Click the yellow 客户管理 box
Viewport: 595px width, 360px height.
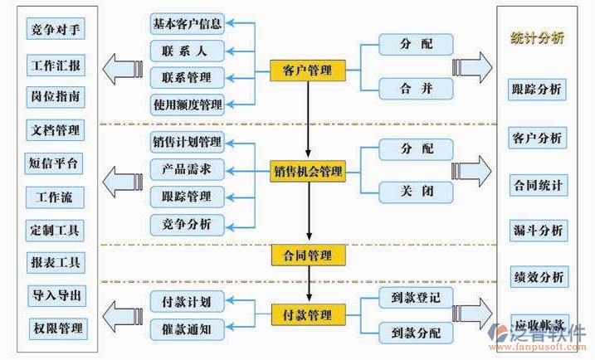(308, 71)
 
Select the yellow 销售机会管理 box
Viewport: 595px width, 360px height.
(308, 172)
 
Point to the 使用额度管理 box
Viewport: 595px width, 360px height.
(188, 105)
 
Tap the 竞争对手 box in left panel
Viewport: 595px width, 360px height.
(56, 31)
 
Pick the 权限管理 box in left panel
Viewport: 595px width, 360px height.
(56, 328)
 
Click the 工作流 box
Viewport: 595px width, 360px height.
(56, 197)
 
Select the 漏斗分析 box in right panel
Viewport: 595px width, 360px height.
(537, 230)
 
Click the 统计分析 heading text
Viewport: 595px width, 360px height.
(537, 37)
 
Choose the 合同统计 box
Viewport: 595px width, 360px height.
(537, 184)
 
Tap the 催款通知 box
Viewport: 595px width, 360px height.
(187, 329)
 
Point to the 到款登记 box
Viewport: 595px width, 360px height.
(416, 297)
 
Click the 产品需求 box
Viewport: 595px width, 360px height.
(187, 169)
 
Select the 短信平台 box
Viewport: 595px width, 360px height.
(56, 163)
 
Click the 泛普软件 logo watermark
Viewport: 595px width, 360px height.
(539, 338)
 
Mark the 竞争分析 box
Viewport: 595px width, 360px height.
(187, 223)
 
